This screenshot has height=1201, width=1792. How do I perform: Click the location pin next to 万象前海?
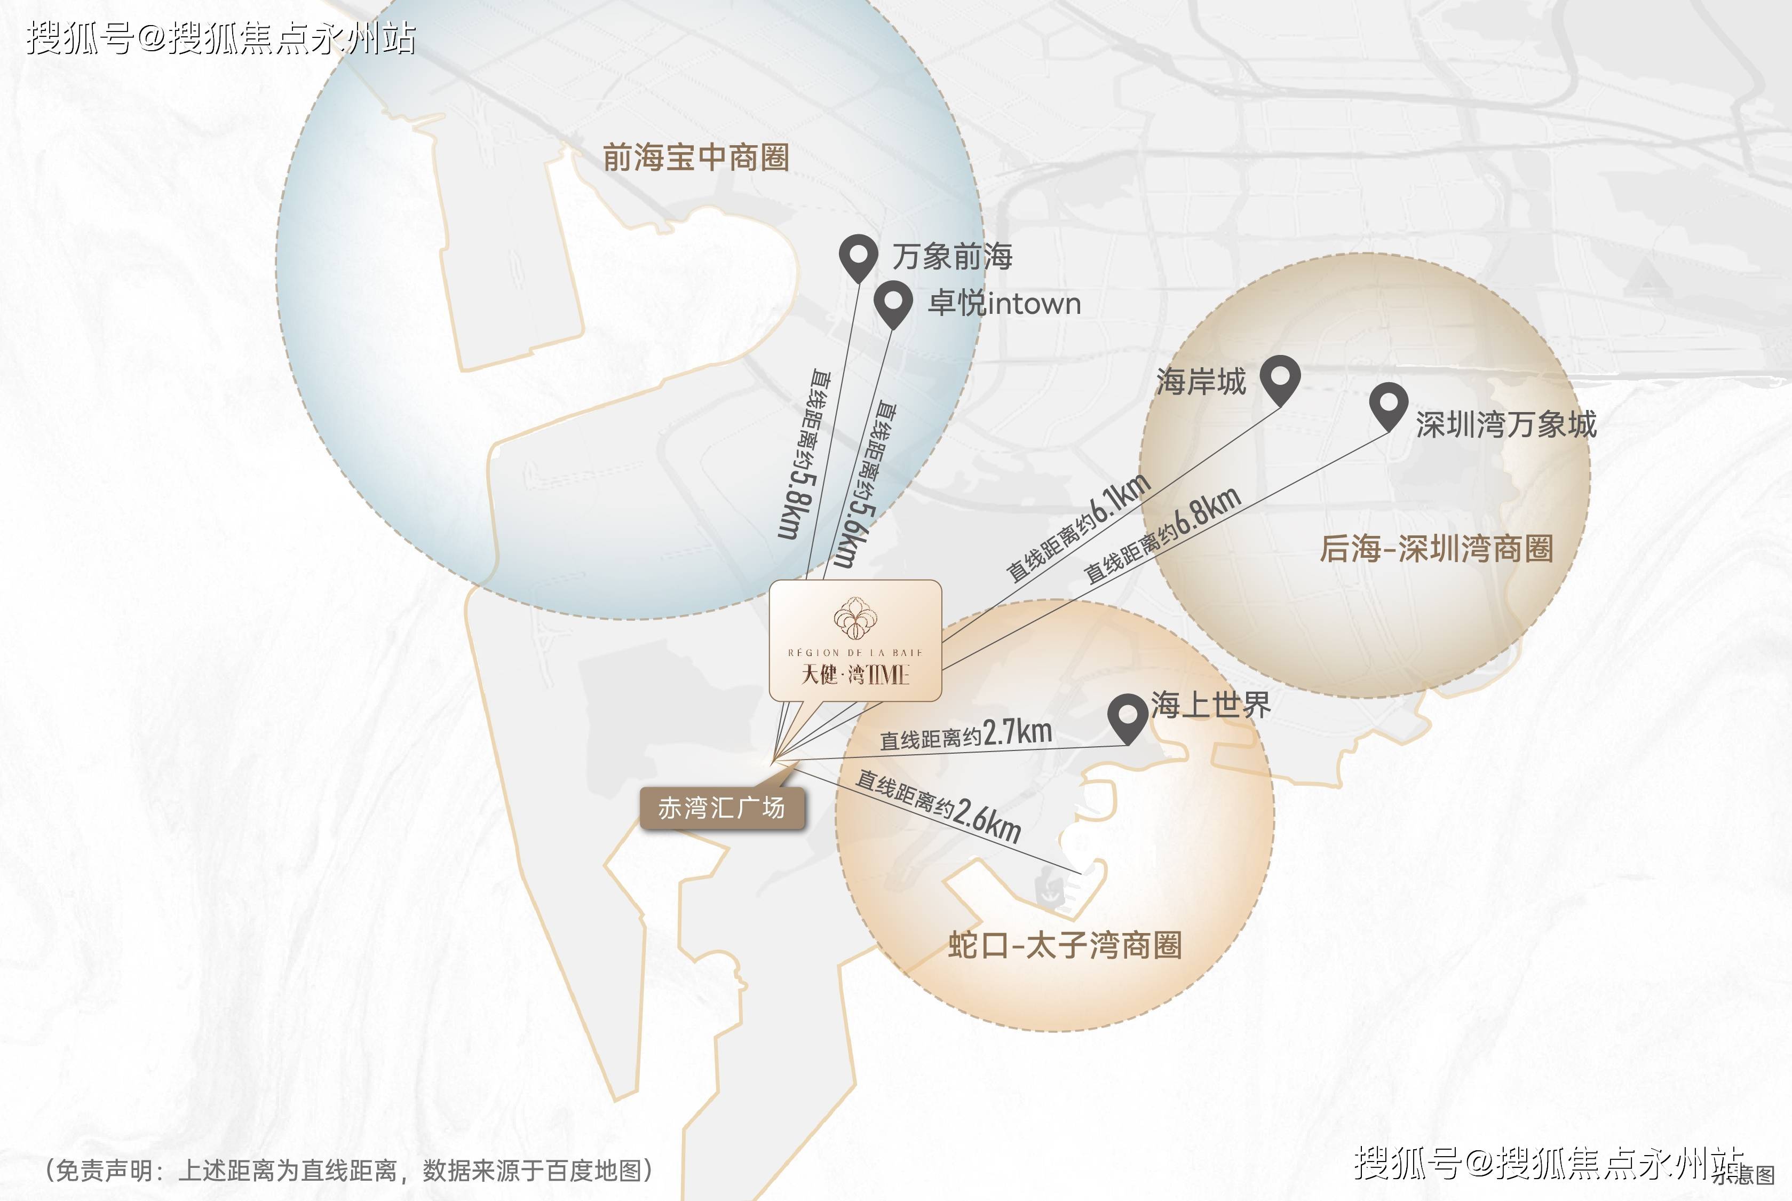(858, 255)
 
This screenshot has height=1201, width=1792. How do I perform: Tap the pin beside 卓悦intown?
(893, 301)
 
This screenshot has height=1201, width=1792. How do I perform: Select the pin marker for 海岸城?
(1280, 377)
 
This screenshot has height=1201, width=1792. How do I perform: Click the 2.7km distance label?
(1017, 732)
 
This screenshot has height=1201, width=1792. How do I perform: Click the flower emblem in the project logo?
(855, 619)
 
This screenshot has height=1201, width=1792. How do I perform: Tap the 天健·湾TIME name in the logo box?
(855, 675)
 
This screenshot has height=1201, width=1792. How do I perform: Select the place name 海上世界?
(1210, 705)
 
